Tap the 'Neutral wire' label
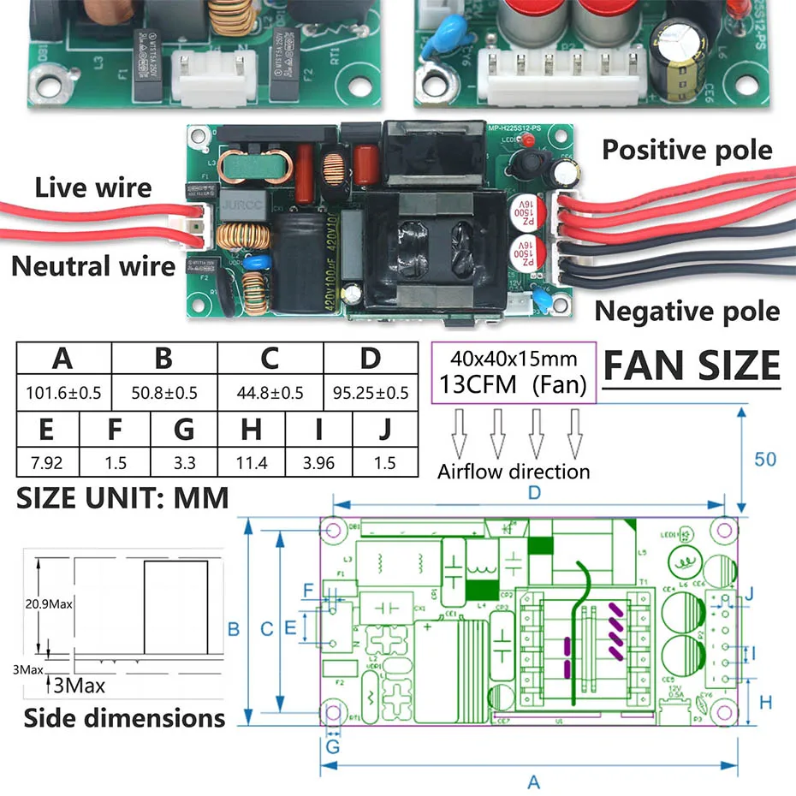tap(93, 266)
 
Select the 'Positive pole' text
tap(686, 151)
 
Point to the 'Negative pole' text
tap(686, 311)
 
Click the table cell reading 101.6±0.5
tap(63, 393)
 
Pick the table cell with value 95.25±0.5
tap(370, 393)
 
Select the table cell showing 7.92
tap(46, 463)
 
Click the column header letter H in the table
tap(252, 429)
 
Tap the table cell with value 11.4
tap(252, 463)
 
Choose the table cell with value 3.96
tap(318, 463)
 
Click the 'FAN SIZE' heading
tap(692, 365)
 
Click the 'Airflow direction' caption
tap(514, 472)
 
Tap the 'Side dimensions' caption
tap(124, 717)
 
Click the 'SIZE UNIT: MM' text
tap(122, 498)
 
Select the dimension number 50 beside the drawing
tap(764, 459)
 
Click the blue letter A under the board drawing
tap(533, 781)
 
